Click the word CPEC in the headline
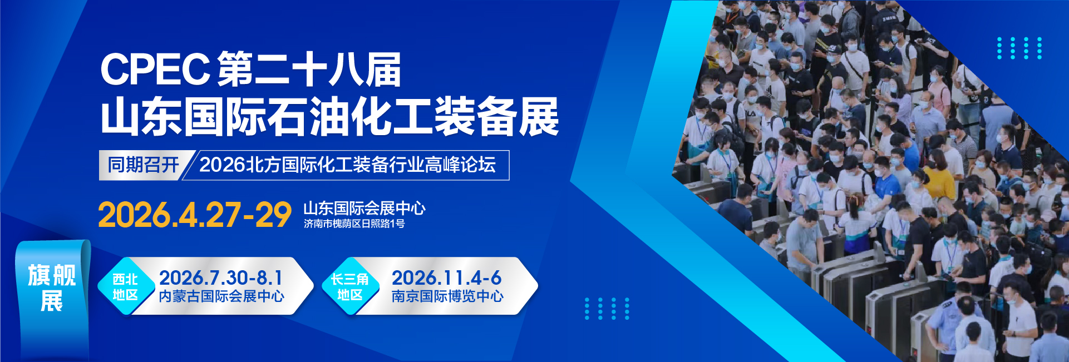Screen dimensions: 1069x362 (x=155, y=70)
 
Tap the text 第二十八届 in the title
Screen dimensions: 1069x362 (x=309, y=70)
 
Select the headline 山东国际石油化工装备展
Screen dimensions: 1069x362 (x=329, y=117)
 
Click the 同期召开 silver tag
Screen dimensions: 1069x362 (x=144, y=165)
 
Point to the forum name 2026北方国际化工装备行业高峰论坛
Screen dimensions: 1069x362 (x=348, y=165)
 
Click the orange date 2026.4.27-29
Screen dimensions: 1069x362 (x=195, y=215)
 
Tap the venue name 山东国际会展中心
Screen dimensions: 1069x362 (x=364, y=209)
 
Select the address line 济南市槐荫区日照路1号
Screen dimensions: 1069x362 (x=354, y=224)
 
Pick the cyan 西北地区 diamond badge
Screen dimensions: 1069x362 (x=126, y=286)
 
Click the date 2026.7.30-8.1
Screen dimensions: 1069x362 (x=221, y=277)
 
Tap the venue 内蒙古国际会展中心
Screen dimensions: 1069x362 (x=221, y=296)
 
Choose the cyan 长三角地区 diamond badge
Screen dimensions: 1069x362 (x=350, y=286)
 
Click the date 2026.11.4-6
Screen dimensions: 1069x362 (x=446, y=277)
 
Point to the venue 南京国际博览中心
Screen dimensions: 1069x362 (x=447, y=296)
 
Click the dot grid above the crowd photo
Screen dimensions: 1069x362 (x=1019, y=48)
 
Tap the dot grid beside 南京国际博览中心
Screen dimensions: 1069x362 (x=607, y=309)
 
